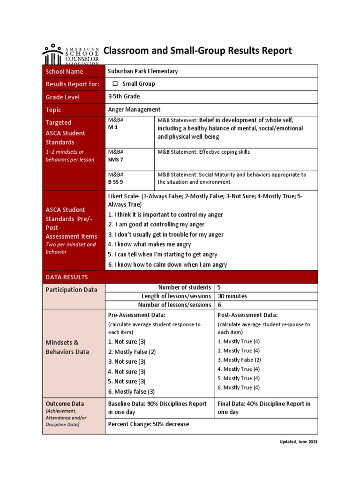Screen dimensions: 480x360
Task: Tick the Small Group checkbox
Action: click(x=115, y=84)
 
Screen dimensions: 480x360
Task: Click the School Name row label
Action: click(x=64, y=71)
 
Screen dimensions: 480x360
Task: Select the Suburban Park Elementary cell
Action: click(x=143, y=71)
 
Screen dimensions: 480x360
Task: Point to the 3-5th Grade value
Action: click(x=124, y=97)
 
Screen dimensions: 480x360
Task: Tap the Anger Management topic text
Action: click(x=134, y=109)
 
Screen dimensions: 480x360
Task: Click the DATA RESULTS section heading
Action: click(x=67, y=277)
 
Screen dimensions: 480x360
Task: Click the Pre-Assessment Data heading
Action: click(x=136, y=315)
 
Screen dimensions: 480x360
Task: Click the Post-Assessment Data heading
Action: click(x=247, y=315)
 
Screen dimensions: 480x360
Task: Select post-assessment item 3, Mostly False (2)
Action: click(x=239, y=360)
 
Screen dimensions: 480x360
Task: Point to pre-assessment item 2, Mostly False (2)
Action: click(x=132, y=352)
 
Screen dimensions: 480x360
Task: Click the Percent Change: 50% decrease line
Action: click(x=149, y=424)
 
